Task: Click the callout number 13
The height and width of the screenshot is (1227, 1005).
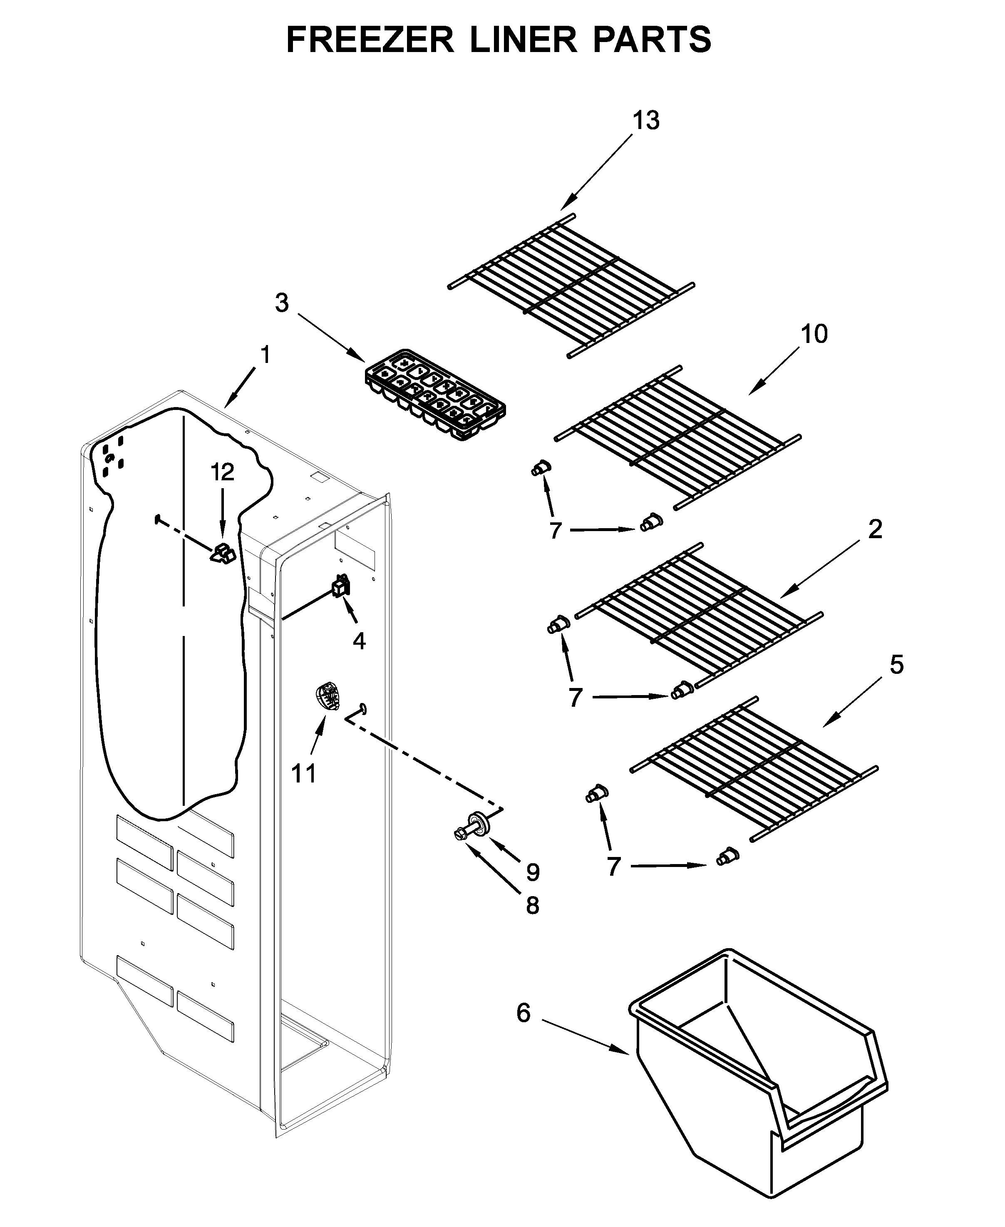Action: (x=645, y=121)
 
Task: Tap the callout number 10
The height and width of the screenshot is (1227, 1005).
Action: (x=814, y=334)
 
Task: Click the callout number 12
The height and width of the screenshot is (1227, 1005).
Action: (x=222, y=472)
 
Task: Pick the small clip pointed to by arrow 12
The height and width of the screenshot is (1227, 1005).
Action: (x=222, y=554)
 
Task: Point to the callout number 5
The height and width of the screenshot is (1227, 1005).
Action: (x=896, y=666)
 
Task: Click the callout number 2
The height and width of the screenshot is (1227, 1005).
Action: (x=875, y=530)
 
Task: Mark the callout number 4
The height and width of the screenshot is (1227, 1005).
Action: (x=359, y=641)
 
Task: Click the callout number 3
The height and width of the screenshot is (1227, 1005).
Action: (x=281, y=303)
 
